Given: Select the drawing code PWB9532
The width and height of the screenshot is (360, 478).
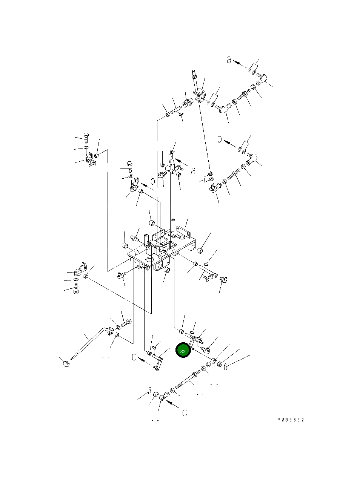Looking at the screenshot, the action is [x=291, y=420].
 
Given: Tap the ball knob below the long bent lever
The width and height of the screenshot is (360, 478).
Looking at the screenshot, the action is [x=66, y=363].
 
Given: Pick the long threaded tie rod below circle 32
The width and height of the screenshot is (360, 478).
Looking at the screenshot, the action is [x=188, y=380].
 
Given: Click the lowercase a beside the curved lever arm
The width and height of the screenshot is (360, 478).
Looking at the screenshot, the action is [x=193, y=171].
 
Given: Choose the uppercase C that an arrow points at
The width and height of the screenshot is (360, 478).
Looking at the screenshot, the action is [x=134, y=357].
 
